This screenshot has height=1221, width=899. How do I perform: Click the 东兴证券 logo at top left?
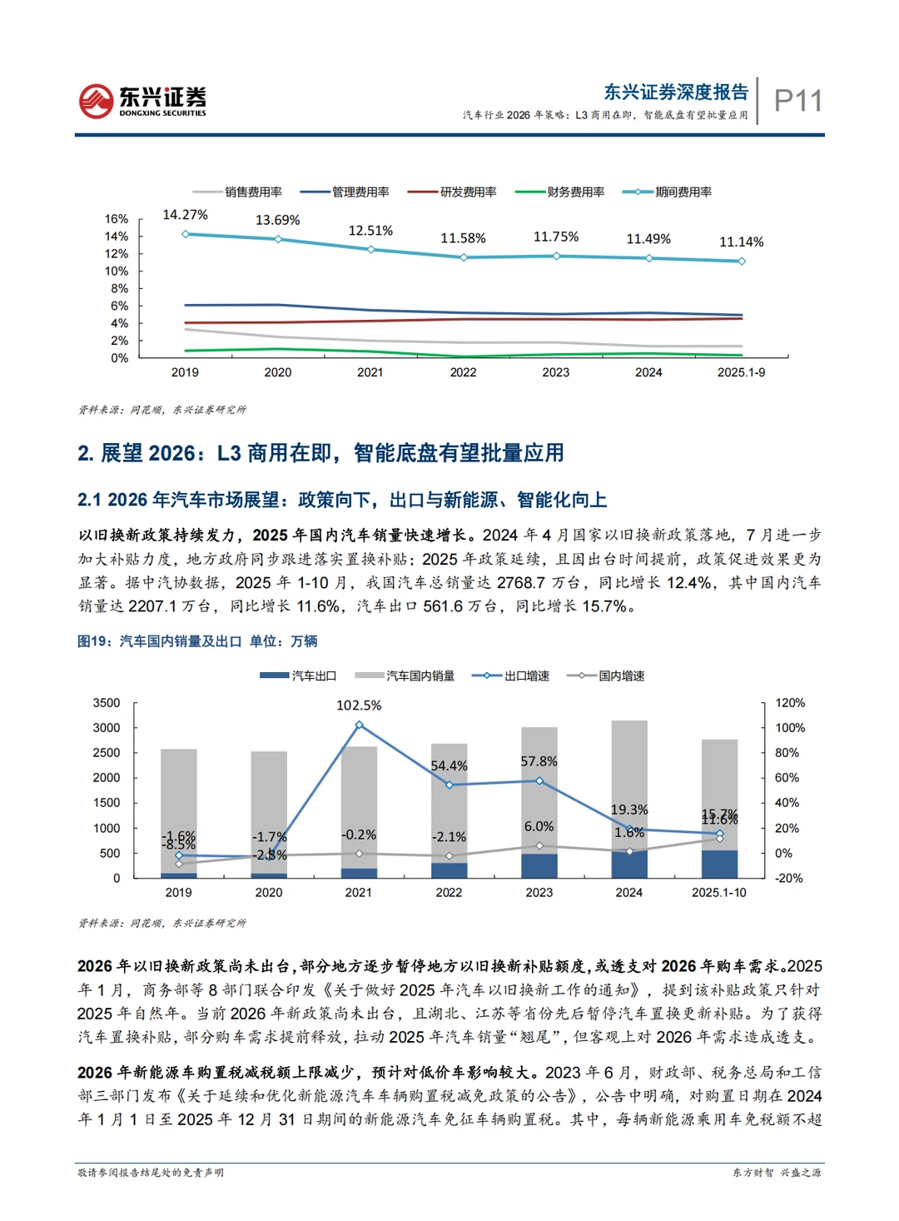click(x=142, y=101)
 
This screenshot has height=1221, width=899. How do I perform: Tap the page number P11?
click(x=797, y=101)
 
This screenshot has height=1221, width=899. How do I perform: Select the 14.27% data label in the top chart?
click(x=185, y=215)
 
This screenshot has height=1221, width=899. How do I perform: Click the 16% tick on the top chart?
click(x=117, y=219)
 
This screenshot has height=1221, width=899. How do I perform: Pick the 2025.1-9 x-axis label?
click(x=741, y=372)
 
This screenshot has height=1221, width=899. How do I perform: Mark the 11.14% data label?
click(x=741, y=242)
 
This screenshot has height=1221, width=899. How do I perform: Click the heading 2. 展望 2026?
click(x=320, y=453)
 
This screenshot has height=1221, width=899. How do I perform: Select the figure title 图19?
click(x=197, y=641)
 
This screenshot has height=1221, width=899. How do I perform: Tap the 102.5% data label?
click(x=359, y=705)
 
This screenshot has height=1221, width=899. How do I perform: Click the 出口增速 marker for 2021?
click(x=359, y=725)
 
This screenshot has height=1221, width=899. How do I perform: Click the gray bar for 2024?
click(x=629, y=783)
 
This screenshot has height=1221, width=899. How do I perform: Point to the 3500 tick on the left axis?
click(x=107, y=703)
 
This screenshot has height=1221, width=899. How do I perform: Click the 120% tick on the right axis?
click(x=790, y=703)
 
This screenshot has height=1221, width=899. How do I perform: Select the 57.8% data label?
click(x=539, y=761)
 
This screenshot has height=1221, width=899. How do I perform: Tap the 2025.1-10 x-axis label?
click(x=719, y=892)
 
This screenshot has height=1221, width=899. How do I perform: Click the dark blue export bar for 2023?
click(x=539, y=865)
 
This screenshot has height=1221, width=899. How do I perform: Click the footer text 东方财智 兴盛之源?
click(x=776, y=1173)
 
